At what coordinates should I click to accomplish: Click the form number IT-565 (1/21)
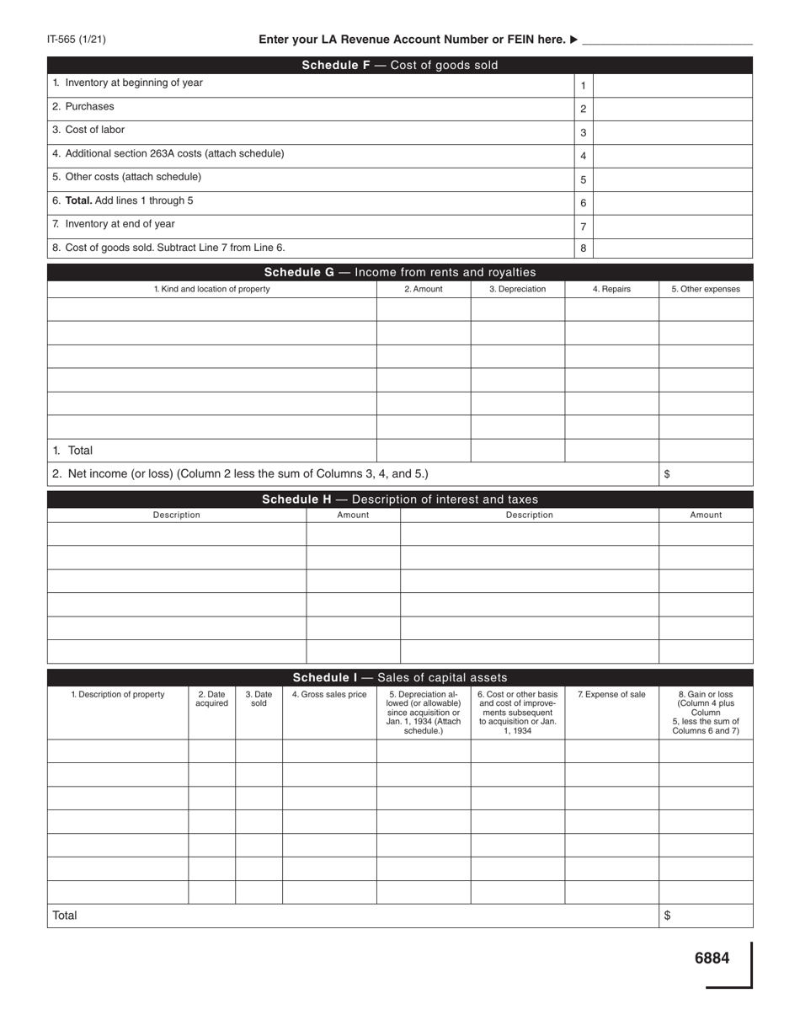pyautogui.click(x=77, y=40)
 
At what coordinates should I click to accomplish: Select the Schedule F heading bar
pyautogui.click(x=400, y=65)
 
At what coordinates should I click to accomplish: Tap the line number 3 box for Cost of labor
pyautogui.click(x=583, y=132)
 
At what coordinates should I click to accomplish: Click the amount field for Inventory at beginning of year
pyautogui.click(x=673, y=85)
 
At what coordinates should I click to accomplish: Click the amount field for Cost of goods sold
pyautogui.click(x=673, y=248)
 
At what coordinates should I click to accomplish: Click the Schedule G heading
pyautogui.click(x=400, y=272)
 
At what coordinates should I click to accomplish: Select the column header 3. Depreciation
pyautogui.click(x=517, y=289)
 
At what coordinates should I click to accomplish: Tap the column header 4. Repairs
pyautogui.click(x=611, y=289)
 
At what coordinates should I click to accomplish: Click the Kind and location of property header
pyautogui.click(x=211, y=289)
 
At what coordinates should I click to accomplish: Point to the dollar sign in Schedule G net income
pyautogui.click(x=667, y=474)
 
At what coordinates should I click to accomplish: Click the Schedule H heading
pyautogui.click(x=400, y=499)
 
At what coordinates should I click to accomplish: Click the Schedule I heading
pyautogui.click(x=400, y=677)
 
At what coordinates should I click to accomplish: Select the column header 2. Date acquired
pyautogui.click(x=211, y=699)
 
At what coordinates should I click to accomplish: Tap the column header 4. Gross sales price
pyautogui.click(x=329, y=695)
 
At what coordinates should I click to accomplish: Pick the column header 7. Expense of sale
pyautogui.click(x=611, y=695)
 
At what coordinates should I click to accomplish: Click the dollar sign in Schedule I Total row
pyautogui.click(x=667, y=916)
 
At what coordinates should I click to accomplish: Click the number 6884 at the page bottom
pyautogui.click(x=712, y=958)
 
